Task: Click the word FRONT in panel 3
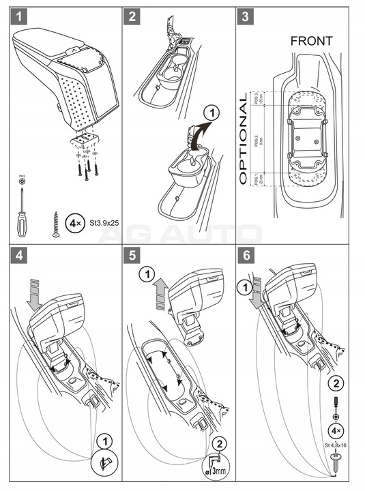(x=311, y=41)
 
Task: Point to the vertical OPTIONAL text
(x=243, y=140)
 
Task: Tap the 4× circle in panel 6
(x=336, y=431)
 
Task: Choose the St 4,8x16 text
(x=335, y=447)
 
